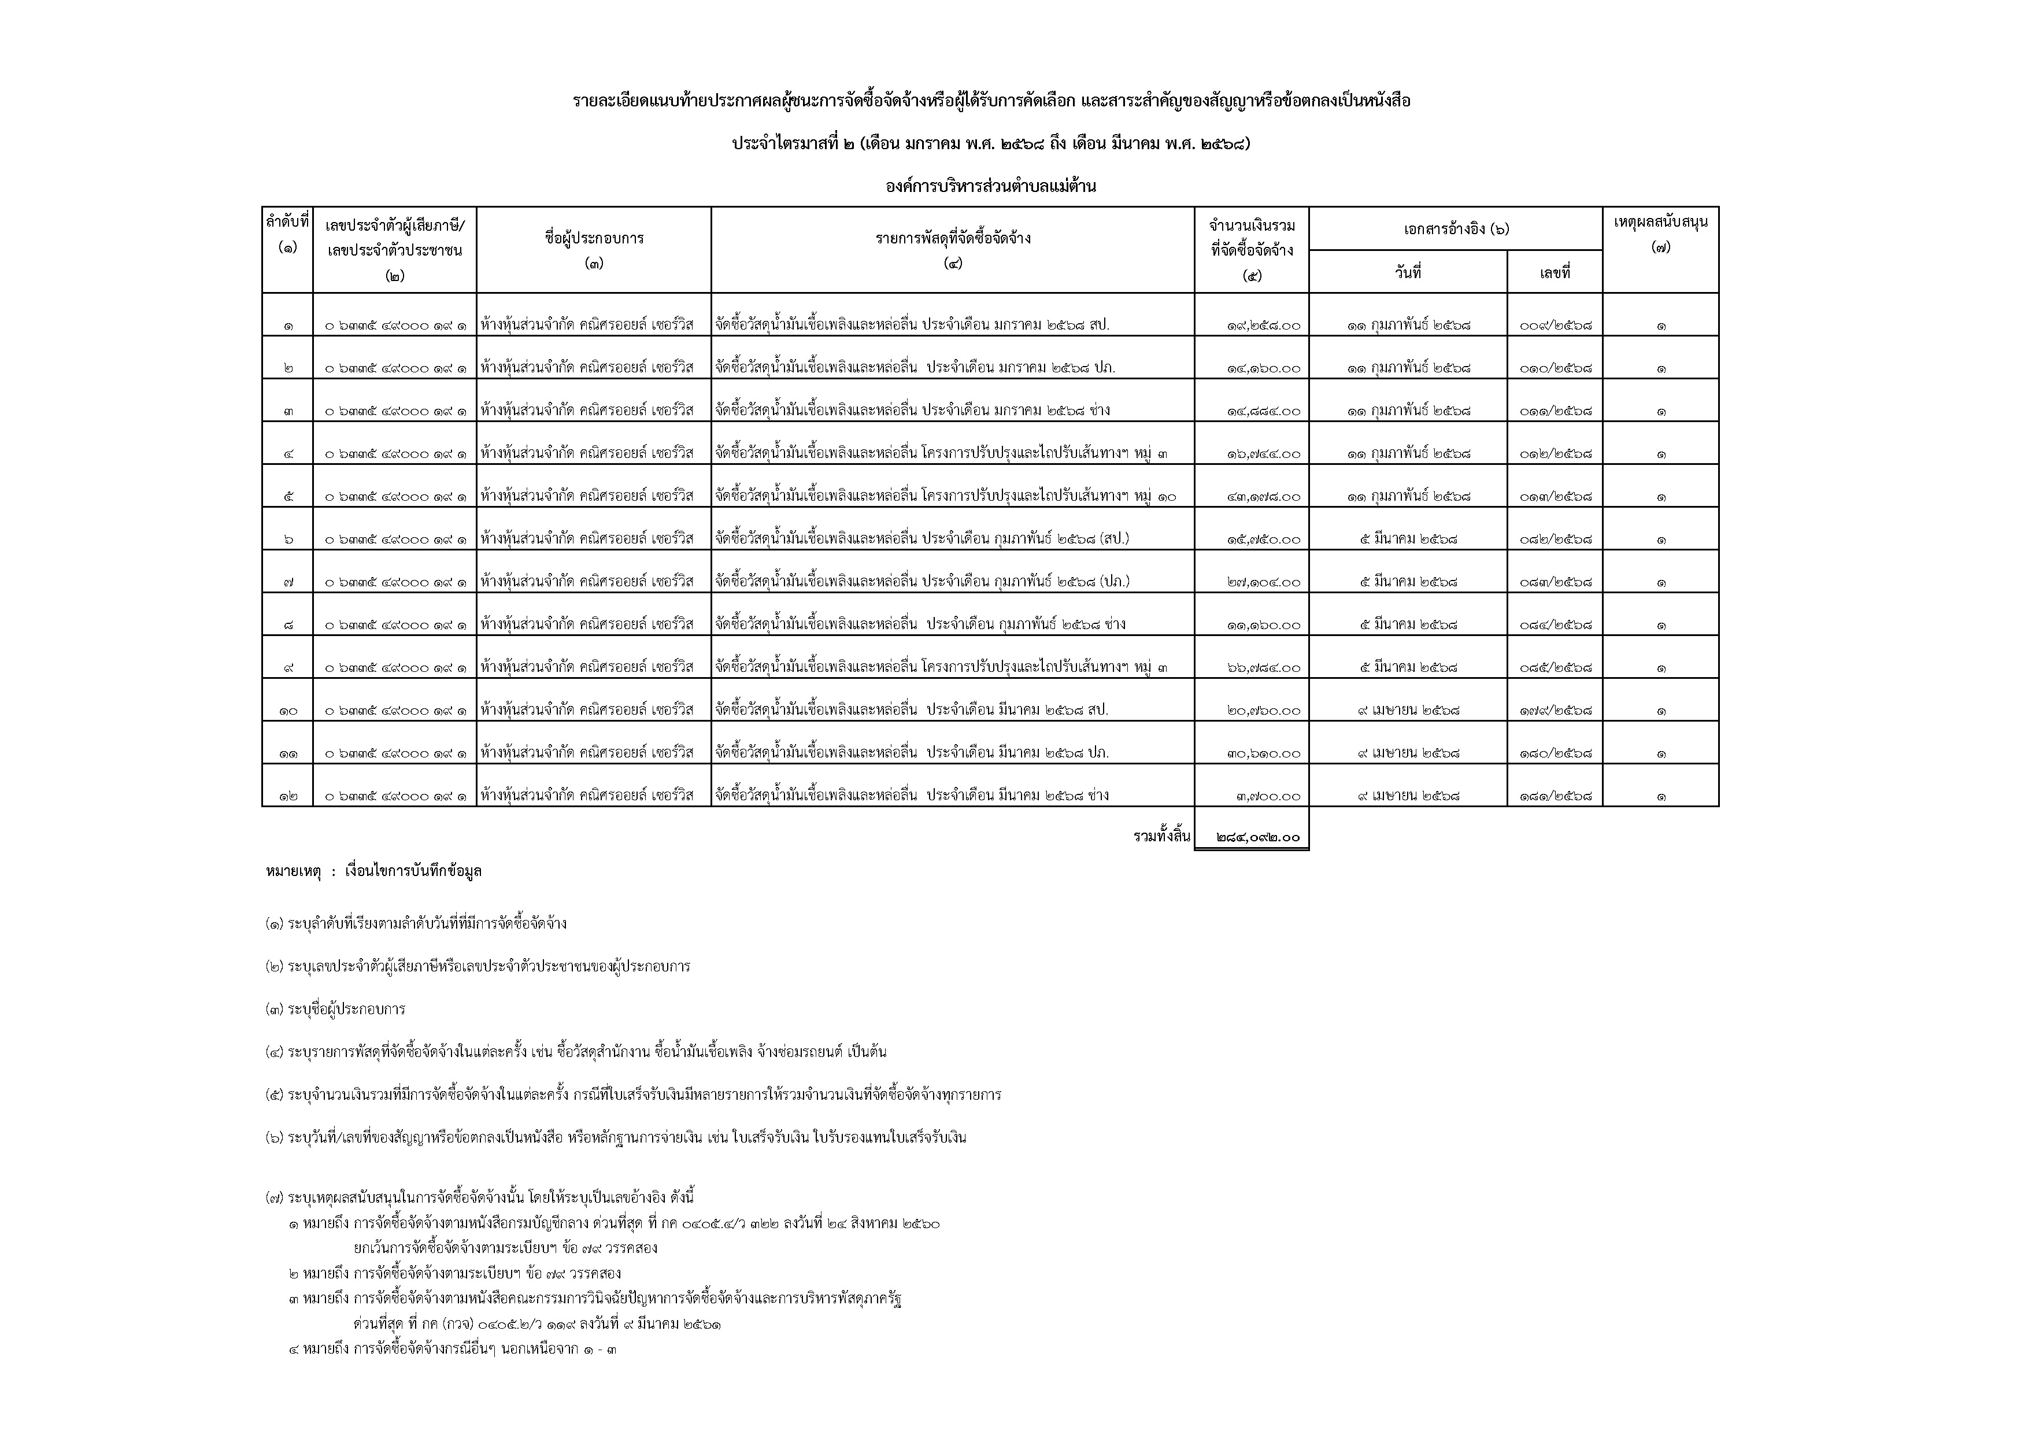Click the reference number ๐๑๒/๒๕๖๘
point(1556,454)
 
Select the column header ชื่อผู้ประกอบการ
point(594,239)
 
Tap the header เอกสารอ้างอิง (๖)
point(1456,229)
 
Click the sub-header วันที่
point(1408,273)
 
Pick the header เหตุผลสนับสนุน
point(1660,222)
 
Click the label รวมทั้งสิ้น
point(1161,836)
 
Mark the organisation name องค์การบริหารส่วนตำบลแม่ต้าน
point(991,186)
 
